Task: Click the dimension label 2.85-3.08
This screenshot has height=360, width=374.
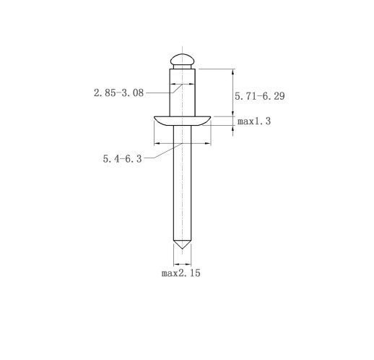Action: [x=118, y=93]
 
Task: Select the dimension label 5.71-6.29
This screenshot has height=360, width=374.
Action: [x=260, y=96]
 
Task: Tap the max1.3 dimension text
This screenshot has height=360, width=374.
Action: [x=254, y=121]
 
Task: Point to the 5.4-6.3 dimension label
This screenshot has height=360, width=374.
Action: [x=123, y=159]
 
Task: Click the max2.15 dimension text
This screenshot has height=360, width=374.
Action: [x=181, y=273]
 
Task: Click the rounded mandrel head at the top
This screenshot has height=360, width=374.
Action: [x=182, y=59]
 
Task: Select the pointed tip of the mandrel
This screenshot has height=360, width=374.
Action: [x=182, y=249]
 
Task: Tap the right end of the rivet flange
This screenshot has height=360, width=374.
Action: [x=210, y=117]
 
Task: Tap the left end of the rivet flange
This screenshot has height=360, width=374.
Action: [x=155, y=117]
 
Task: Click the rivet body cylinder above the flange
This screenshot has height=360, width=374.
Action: [x=182, y=93]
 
